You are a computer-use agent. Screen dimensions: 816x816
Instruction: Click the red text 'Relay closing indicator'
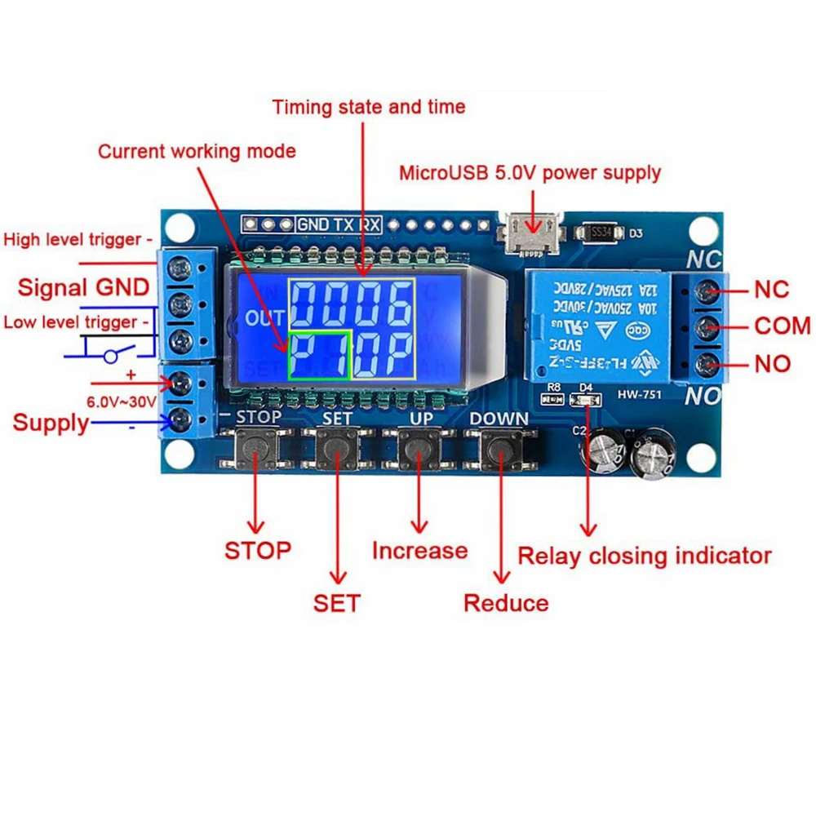(645, 557)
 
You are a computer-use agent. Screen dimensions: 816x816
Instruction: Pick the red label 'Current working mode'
(197, 152)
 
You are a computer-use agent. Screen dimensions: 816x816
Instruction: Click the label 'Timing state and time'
(369, 107)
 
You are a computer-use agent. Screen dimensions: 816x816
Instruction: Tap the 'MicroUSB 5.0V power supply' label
(530, 173)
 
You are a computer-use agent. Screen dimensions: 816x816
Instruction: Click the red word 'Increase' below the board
(419, 551)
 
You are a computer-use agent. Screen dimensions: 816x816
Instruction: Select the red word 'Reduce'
(506, 603)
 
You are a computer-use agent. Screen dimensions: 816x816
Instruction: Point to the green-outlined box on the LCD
(319, 355)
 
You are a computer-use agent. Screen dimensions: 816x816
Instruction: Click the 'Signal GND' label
(83, 287)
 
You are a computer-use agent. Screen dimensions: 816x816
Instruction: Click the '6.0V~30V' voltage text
(121, 401)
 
